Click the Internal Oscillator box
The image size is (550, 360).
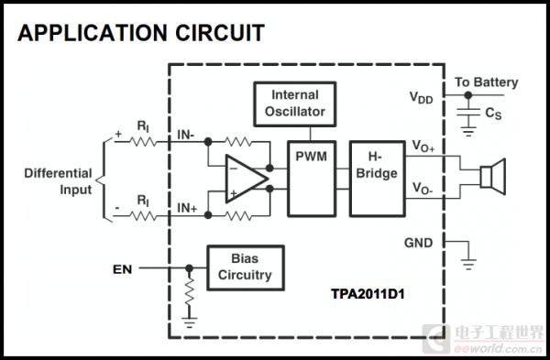(x=294, y=104)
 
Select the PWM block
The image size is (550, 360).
(x=312, y=179)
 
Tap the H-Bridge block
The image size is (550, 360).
(x=378, y=179)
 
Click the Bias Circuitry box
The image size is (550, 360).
(x=245, y=267)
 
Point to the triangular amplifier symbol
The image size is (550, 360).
(x=247, y=179)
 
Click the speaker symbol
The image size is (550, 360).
(x=493, y=177)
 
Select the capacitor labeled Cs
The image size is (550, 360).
(x=468, y=112)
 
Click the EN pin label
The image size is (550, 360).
(x=123, y=269)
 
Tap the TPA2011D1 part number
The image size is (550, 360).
(x=368, y=294)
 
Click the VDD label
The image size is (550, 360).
(x=422, y=98)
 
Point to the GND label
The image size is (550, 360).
(x=418, y=243)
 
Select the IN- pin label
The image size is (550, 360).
(x=186, y=135)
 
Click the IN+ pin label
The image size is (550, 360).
(x=187, y=208)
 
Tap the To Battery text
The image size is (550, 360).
(x=487, y=82)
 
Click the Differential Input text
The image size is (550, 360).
(x=59, y=181)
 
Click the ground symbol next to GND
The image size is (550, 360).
(x=468, y=265)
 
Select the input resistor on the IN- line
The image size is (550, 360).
(x=143, y=142)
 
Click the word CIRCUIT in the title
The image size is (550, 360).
(x=220, y=33)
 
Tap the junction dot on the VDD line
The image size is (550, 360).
(x=468, y=95)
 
